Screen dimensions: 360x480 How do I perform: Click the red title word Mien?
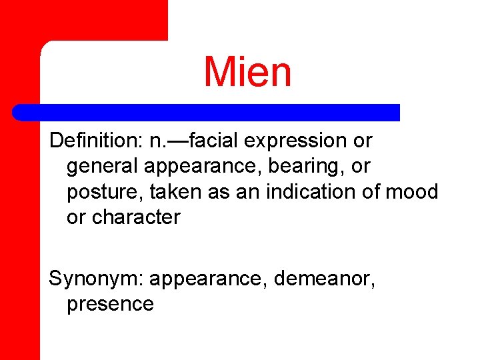pyautogui.click(x=247, y=72)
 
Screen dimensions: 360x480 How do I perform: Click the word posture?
pyautogui.click(x=105, y=193)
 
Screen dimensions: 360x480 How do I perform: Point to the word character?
pyautogui.click(x=137, y=217)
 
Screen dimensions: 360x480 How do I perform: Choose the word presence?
pyautogui.click(x=110, y=304)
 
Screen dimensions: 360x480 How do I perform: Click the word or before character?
pyautogui.click(x=76, y=217)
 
